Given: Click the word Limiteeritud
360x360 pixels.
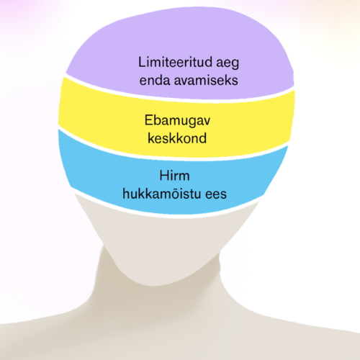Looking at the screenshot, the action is click(x=176, y=62).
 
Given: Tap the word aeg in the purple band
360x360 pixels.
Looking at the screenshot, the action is click(x=228, y=63).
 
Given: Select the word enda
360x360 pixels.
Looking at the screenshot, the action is click(x=155, y=80).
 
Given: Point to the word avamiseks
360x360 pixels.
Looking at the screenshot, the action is click(x=206, y=80).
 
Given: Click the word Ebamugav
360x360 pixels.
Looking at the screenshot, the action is click(x=177, y=121).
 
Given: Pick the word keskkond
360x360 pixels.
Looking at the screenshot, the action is click(x=177, y=138).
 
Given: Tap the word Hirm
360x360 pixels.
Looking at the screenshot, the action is click(x=174, y=176).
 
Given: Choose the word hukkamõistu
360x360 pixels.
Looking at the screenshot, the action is click(x=162, y=194).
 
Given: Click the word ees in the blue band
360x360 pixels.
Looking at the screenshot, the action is click(x=216, y=195).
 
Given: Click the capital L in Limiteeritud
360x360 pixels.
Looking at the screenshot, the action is click(x=142, y=62).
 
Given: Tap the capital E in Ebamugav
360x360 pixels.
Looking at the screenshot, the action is click(x=148, y=120).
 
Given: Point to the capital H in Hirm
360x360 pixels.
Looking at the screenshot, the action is click(x=164, y=176).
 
